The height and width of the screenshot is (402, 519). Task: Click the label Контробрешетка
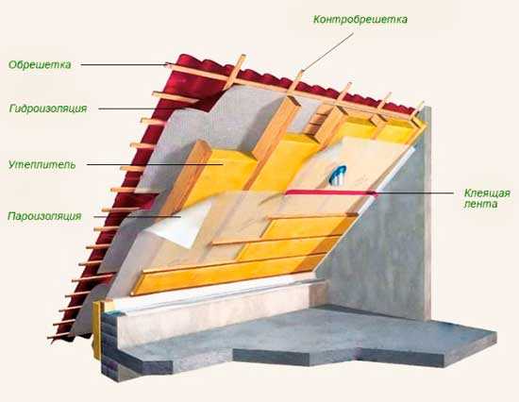pos(360,20)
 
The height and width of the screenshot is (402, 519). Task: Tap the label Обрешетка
pos(40,64)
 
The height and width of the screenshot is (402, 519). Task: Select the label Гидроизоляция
pos(48,109)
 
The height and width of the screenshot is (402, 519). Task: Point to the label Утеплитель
pos(42,164)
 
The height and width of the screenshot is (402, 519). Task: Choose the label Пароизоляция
pos(44,216)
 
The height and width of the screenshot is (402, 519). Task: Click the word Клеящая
pos(487,193)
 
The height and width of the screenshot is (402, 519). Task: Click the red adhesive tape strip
pos(330,193)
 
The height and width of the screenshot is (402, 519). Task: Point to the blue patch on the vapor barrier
pos(337,174)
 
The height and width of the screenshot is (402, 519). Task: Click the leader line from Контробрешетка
pos(326,52)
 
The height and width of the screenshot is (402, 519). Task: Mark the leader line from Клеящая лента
pos(414,193)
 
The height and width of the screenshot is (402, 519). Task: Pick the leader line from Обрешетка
pos(126,65)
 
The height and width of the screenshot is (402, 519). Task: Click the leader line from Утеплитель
pos(155,164)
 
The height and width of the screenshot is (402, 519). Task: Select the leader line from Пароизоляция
pos(138,217)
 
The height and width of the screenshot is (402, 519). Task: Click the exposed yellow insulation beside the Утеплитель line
pos(228,169)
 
